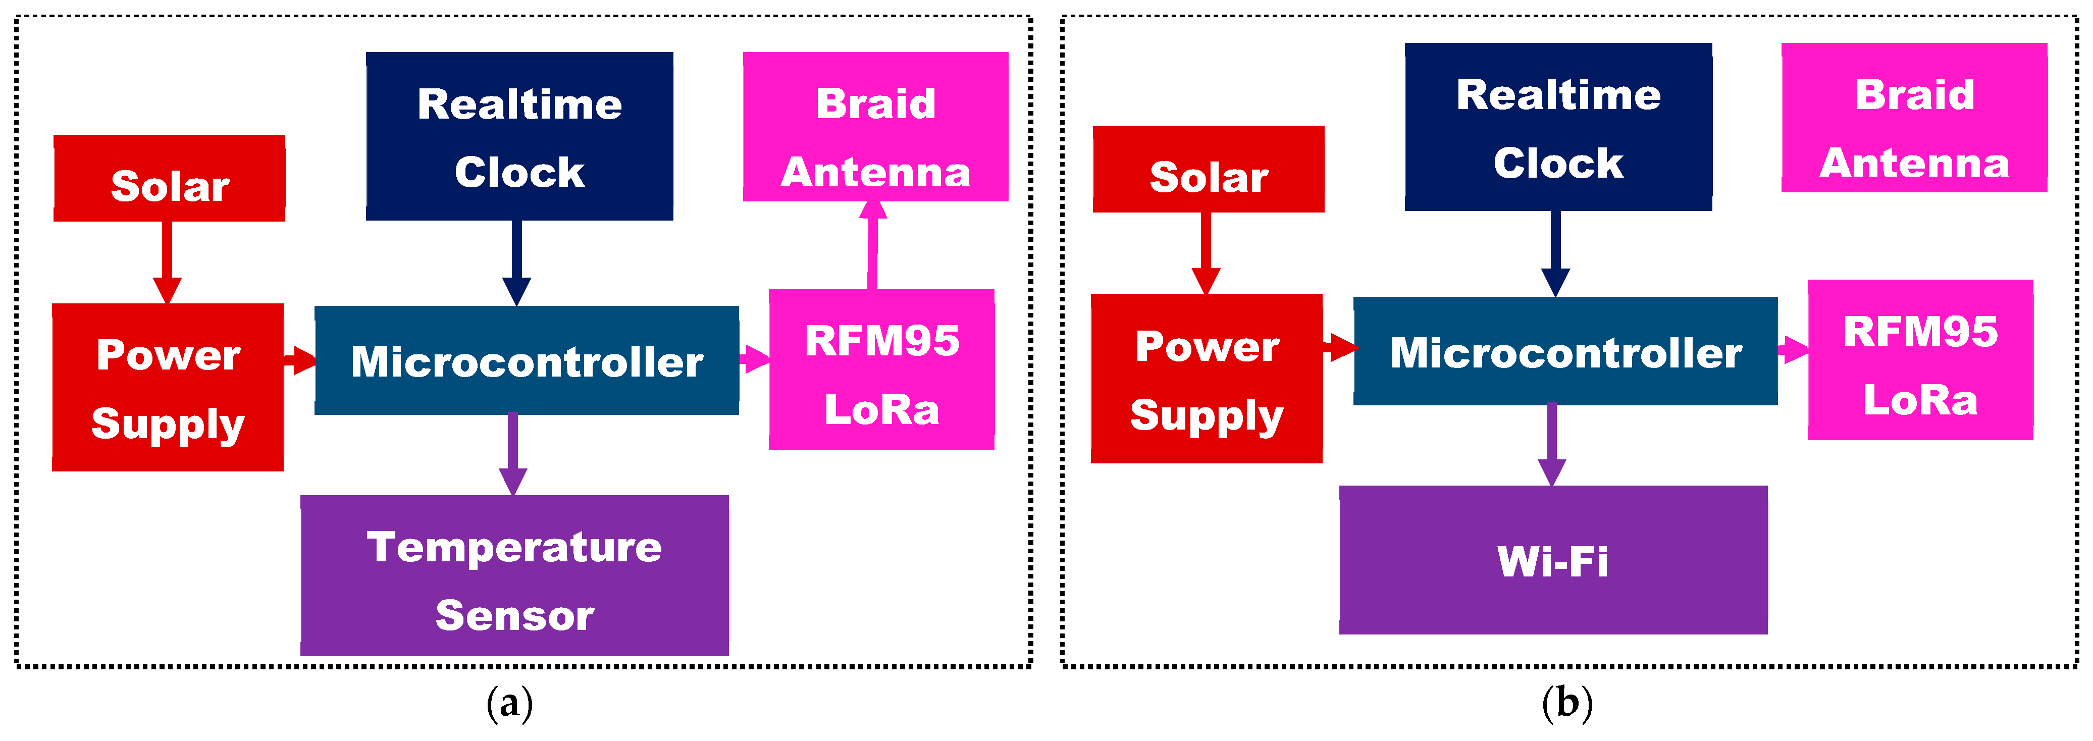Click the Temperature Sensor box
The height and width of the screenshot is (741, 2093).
pos(514,575)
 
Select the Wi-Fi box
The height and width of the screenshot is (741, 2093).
pos(1553,560)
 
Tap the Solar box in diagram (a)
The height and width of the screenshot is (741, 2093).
pos(169,178)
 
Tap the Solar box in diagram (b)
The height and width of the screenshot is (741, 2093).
pos(1208,169)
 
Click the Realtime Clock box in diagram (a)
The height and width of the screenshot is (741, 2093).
pos(519,136)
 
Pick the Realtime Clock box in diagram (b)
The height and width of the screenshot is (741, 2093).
pos(1557,127)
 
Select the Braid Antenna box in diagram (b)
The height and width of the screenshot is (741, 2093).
pos(1913,118)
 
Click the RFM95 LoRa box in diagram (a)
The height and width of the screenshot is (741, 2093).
pos(881,369)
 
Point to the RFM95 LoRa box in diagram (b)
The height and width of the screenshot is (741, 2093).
pos(1920,360)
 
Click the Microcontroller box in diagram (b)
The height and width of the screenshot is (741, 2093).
pos(1565,351)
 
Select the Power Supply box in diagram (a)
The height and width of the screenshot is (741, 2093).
pos(168,388)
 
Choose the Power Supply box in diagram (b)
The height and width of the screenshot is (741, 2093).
pos(1207,379)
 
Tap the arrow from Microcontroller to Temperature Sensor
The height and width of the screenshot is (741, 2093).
pos(513,453)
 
